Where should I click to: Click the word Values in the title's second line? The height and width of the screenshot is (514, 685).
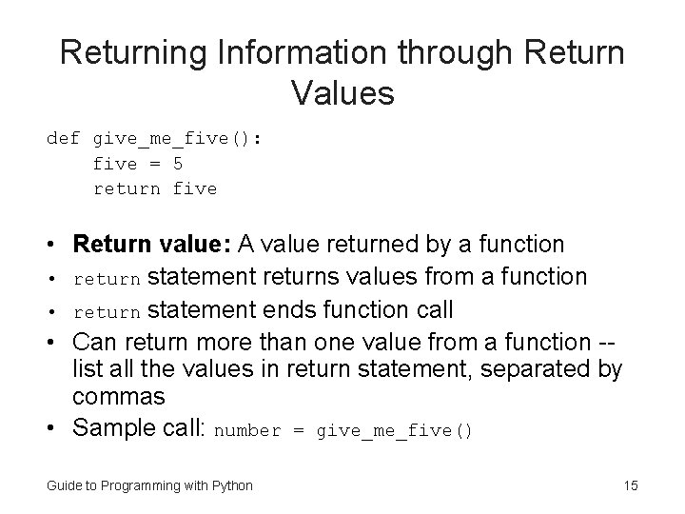(342, 92)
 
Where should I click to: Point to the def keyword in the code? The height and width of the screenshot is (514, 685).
(63, 139)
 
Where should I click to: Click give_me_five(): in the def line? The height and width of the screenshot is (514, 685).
(178, 139)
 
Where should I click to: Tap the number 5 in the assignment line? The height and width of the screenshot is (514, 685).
(178, 164)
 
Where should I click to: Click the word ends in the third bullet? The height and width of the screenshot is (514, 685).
(276, 310)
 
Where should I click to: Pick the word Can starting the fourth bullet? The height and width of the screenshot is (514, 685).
(93, 342)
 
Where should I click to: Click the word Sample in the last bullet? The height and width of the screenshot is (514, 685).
(108, 428)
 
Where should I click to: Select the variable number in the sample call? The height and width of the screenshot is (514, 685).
(248, 431)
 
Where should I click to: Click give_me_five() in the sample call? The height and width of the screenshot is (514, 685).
(394, 431)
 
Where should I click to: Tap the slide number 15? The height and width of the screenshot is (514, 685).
(630, 486)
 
